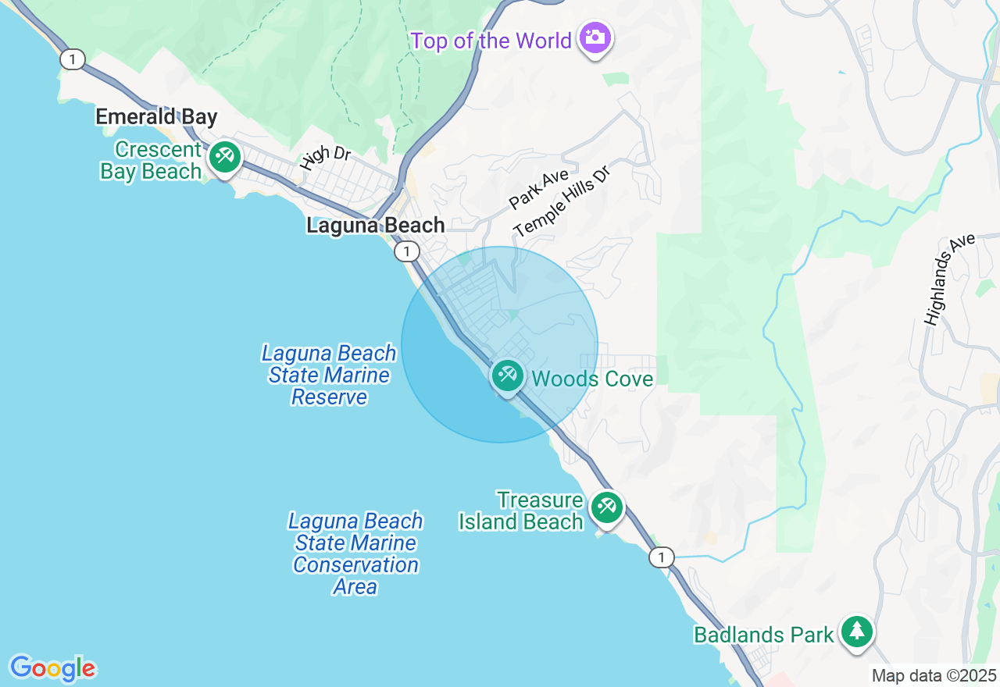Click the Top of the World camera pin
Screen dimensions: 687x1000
click(x=595, y=37)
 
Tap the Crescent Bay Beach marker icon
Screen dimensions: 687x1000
click(x=225, y=157)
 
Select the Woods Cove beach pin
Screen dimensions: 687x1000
click(x=508, y=376)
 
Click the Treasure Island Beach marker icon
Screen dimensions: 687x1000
click(x=606, y=507)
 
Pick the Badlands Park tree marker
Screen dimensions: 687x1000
click(x=857, y=631)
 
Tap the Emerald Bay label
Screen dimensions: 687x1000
click(x=156, y=117)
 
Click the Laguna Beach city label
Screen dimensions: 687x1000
click(x=375, y=226)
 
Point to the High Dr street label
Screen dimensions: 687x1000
click(x=325, y=157)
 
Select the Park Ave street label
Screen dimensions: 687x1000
click(x=539, y=188)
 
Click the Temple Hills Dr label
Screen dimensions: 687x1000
click(x=561, y=201)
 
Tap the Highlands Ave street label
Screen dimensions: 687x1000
click(x=949, y=279)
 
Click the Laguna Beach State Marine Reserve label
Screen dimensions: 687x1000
click(x=329, y=375)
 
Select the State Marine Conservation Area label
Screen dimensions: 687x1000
click(x=355, y=554)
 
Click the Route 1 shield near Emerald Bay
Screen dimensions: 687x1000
click(x=73, y=59)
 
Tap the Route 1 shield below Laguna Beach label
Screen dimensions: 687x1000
click(x=406, y=251)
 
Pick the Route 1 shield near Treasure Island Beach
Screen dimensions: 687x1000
click(x=661, y=557)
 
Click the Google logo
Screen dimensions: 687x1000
click(x=52, y=668)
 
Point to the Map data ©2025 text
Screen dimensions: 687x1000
click(x=934, y=676)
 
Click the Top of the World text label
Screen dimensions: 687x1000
click(x=491, y=41)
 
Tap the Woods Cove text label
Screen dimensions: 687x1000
click(x=592, y=379)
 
